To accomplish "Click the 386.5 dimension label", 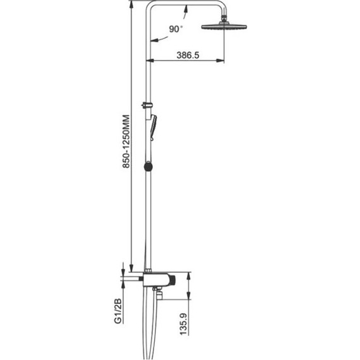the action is coord(188,55).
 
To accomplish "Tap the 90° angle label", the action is coord(176,29).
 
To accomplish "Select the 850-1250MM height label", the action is coord(126,141).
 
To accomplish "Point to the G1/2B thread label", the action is coord(117,311).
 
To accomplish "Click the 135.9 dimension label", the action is coord(183,324).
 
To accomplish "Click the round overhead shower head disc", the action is coord(224,27).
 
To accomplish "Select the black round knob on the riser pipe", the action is coord(148,167).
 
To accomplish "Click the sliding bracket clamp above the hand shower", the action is coord(147,105).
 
